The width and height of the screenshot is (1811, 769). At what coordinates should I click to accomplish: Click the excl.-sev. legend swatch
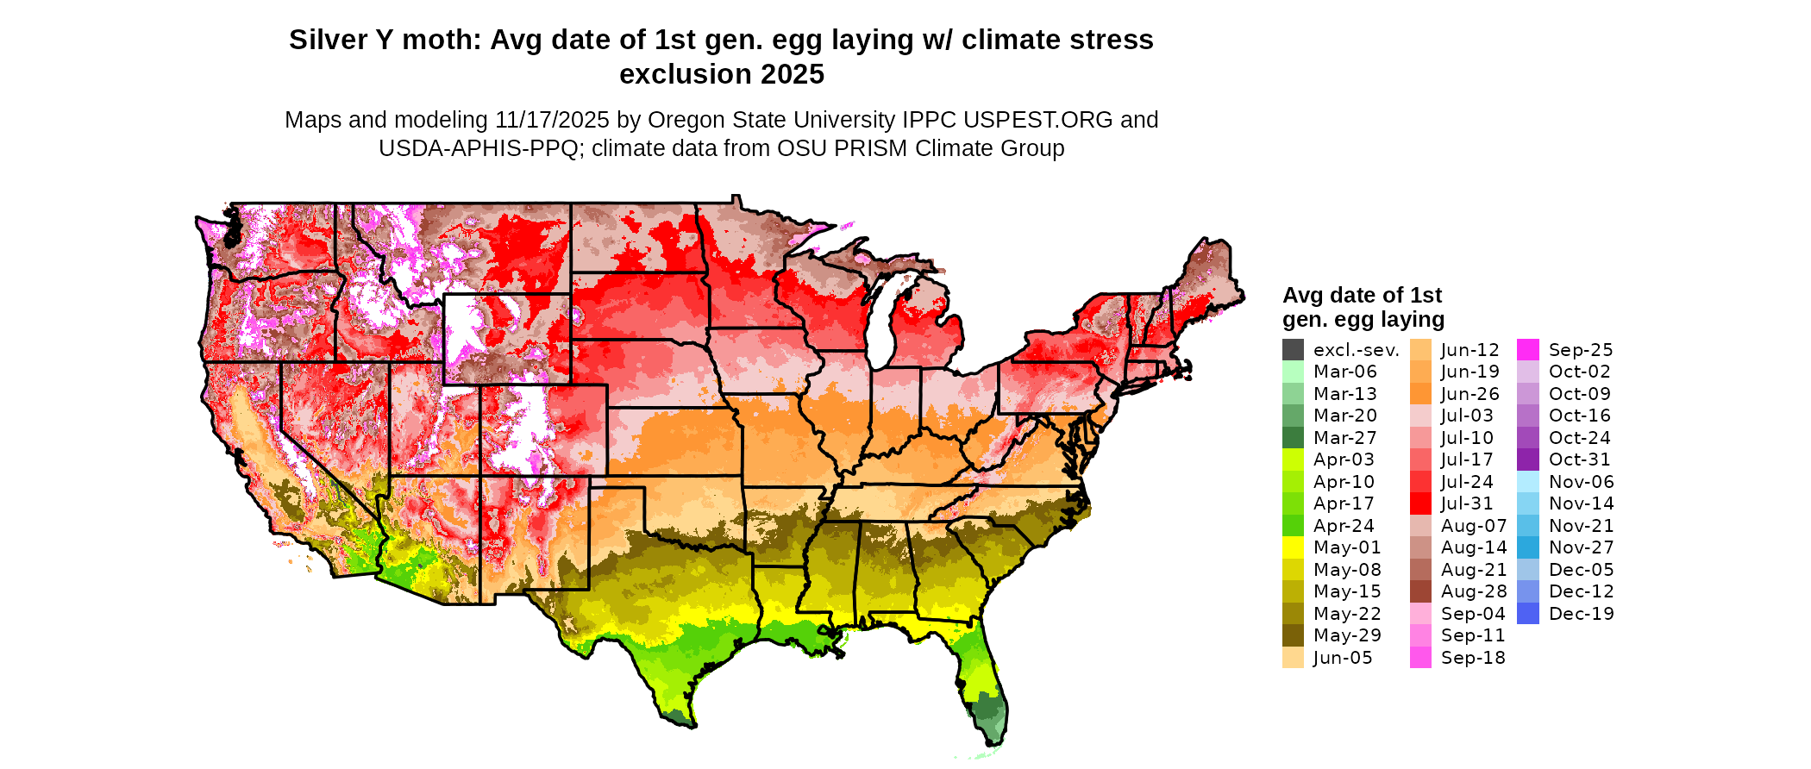(x=1293, y=350)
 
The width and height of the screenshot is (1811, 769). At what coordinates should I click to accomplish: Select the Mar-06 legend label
(x=1344, y=372)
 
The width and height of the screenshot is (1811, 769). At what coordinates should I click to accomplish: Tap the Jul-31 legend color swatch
(x=1420, y=503)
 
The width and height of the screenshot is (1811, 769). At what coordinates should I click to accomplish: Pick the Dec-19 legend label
(x=1581, y=614)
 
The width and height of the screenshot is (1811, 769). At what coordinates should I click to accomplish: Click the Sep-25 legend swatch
(x=1527, y=350)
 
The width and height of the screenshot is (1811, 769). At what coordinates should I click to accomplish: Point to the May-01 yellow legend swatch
(x=1293, y=547)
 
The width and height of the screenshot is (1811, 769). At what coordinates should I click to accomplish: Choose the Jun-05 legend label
(x=1342, y=658)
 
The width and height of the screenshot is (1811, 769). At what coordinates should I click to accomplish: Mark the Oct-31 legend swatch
(x=1527, y=460)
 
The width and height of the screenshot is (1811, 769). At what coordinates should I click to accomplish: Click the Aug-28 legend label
(x=1473, y=591)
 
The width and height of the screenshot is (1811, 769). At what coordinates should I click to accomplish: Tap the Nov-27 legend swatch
(x=1527, y=547)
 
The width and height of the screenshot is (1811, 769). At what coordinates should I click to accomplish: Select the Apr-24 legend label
(x=1344, y=526)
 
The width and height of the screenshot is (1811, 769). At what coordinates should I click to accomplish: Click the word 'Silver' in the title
(x=327, y=41)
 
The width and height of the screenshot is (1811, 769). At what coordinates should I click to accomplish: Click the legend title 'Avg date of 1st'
(x=1362, y=296)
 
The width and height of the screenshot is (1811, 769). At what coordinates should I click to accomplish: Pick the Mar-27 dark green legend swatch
(x=1293, y=438)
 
